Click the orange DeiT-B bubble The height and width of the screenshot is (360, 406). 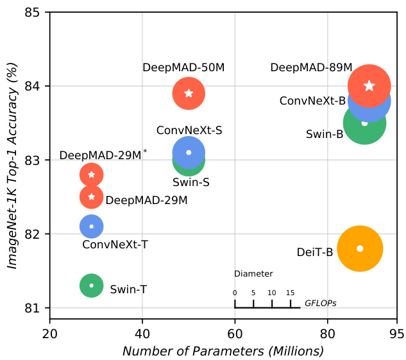(360, 248)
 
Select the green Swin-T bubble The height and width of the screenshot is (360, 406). (92, 286)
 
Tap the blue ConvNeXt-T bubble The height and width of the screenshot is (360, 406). (92, 226)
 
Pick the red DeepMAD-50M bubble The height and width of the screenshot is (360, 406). (189, 93)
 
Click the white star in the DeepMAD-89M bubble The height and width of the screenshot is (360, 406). (369, 86)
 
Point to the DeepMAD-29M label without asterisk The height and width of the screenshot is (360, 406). (146, 200)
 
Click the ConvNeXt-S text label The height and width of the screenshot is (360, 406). (189, 130)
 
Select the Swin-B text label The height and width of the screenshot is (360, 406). (324, 134)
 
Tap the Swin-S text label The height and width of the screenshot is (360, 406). (191, 182)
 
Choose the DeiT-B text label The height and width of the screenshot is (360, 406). (315, 252)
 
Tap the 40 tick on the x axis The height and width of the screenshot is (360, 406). (142, 334)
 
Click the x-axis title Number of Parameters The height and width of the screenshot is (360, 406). (223, 351)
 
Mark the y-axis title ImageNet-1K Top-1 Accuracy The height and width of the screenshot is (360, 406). (12, 160)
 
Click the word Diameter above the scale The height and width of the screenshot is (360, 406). (253, 273)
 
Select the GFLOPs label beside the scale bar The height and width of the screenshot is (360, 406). (321, 302)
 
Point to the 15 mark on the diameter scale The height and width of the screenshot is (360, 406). (291, 293)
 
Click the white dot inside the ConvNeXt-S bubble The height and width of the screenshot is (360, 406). (189, 153)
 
